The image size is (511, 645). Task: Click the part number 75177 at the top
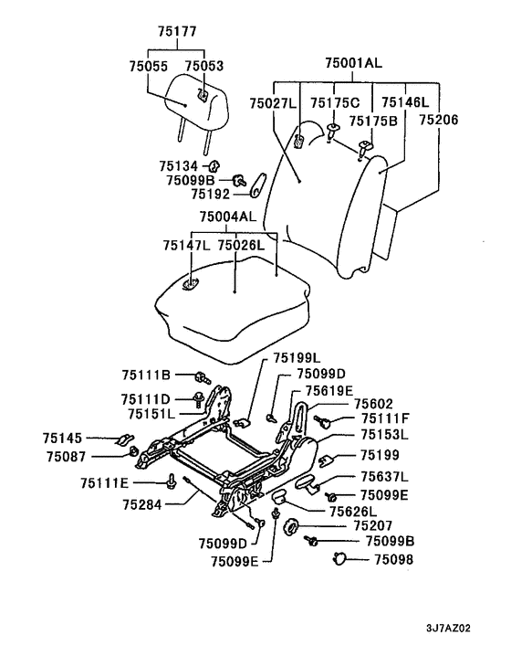(x=177, y=31)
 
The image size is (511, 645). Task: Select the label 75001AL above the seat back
(x=353, y=63)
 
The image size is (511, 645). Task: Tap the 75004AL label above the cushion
(x=227, y=217)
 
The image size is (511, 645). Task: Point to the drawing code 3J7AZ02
(x=448, y=629)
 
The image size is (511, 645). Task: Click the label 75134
(x=178, y=166)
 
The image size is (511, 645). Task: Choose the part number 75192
(x=210, y=195)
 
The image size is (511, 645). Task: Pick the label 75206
(x=438, y=120)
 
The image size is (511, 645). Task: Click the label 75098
(x=393, y=559)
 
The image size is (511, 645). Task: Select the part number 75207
(x=373, y=525)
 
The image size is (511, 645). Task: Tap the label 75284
(x=142, y=504)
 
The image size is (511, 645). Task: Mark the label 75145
(x=62, y=439)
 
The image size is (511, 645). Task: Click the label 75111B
(x=146, y=375)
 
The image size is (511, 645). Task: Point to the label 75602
(x=373, y=404)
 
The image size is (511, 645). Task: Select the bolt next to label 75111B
(x=202, y=376)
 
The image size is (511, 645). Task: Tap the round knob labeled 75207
(x=291, y=526)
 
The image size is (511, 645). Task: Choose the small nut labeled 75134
(x=214, y=166)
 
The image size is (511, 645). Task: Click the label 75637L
(x=384, y=477)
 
